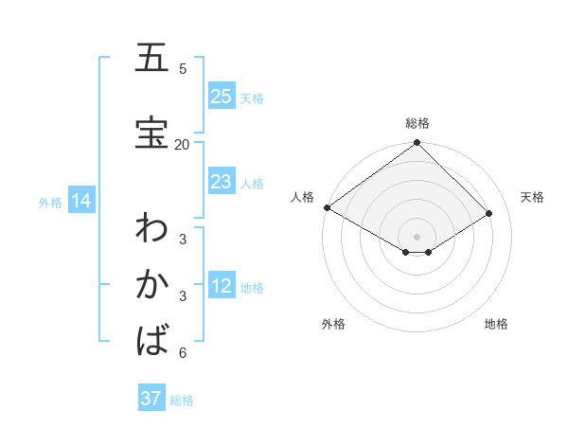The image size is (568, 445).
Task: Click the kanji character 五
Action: coord(151,59)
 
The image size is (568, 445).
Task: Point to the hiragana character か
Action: coord(151,284)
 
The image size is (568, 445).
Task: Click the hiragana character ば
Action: coord(151,339)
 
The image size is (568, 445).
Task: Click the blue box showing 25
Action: coord(222,97)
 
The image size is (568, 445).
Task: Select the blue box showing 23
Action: coord(222,182)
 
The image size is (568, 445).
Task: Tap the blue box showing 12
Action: coord(222,287)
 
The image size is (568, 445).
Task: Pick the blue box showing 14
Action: coord(80,201)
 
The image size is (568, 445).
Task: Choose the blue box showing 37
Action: coord(151,399)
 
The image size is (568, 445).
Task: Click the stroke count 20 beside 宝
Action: coord(182,144)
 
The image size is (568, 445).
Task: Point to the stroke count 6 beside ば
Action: coord(183,353)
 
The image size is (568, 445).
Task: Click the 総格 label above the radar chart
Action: coord(417,123)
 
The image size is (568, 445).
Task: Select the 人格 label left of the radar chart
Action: coord(302,197)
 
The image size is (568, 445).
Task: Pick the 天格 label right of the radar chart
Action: coord(532,197)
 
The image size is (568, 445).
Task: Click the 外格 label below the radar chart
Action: coord(333,324)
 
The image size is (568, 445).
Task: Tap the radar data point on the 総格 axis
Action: coord(417,144)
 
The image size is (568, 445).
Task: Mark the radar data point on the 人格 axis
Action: coord(327,207)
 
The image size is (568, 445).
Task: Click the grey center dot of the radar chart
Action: coord(417,236)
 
